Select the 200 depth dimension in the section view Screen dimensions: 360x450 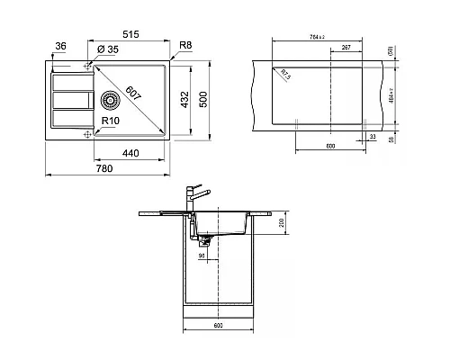point(281,221)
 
